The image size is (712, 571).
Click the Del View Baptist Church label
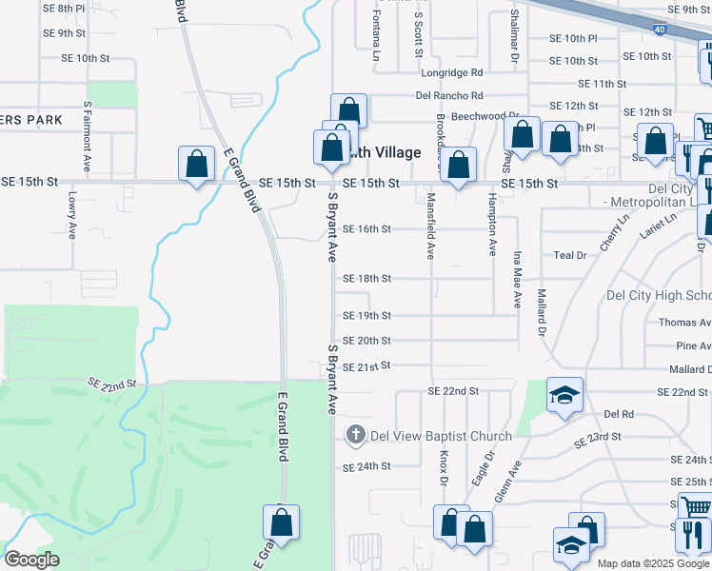(x=441, y=437)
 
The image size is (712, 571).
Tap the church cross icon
(x=355, y=436)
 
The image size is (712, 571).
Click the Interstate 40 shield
(x=660, y=30)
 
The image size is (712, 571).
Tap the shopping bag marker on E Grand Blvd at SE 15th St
(x=196, y=164)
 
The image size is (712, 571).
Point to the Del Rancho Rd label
(x=449, y=95)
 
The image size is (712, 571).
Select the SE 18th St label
(x=366, y=279)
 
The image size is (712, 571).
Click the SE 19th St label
(x=366, y=316)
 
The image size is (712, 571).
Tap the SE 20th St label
(x=366, y=341)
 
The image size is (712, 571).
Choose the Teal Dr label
(x=570, y=256)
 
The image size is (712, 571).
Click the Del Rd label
(x=619, y=415)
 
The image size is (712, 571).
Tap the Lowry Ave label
(x=72, y=215)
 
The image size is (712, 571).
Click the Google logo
(x=30, y=560)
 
